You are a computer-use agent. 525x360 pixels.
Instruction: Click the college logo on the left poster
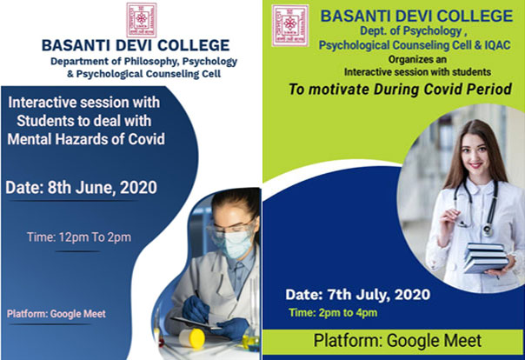pos(142,20)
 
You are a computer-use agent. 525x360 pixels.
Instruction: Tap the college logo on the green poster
pos(290,25)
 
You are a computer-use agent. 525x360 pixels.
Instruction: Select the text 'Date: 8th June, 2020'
pos(82,188)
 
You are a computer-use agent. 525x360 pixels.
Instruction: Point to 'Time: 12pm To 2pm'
pos(79,237)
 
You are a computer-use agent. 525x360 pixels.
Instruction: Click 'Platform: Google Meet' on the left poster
pos(56,314)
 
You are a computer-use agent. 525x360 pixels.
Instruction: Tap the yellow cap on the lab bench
pos(192,337)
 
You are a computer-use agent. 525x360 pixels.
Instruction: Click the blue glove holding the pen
pos(196,309)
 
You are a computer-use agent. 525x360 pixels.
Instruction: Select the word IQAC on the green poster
pos(497,45)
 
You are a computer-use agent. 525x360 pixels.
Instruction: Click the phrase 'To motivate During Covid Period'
pos(400,89)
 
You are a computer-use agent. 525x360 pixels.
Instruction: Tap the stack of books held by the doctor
pos(485,257)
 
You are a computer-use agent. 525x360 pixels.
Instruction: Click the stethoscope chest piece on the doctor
pos(488,230)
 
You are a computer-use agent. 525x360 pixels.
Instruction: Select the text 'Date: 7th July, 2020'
pos(357,295)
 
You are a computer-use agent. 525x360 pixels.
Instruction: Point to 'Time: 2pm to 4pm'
pos(333,313)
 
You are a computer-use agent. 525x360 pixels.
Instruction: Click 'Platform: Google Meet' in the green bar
pos(397,341)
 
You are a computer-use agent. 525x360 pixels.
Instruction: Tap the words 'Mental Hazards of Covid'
pos(86,139)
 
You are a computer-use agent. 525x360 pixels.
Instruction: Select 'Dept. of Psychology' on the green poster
pos(411,30)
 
